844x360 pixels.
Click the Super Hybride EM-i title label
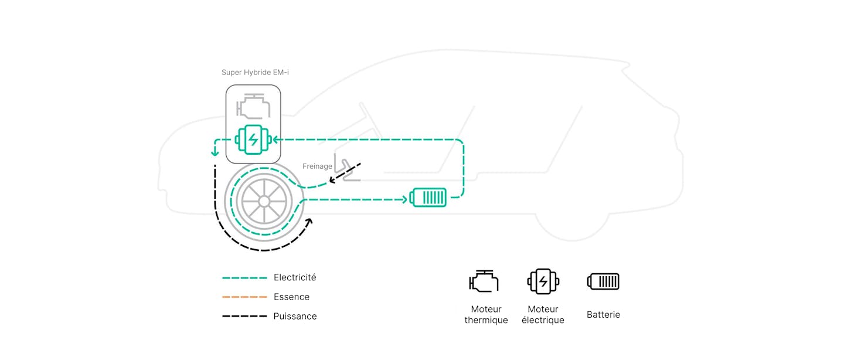coord(255,72)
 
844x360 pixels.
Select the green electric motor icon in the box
coord(253,140)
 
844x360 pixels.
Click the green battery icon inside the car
coord(428,197)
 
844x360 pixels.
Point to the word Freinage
coord(317,167)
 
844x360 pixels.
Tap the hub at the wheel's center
coord(264,201)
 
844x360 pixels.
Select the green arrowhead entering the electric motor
coord(275,140)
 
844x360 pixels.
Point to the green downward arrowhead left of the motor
coord(215,153)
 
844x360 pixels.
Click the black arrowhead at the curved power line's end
coord(309,222)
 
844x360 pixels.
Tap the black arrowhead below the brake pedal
coord(332,180)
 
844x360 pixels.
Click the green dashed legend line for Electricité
coord(244,278)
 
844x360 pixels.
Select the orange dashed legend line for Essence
coord(244,297)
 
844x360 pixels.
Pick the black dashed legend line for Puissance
coord(244,316)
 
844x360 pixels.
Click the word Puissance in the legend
coord(295,316)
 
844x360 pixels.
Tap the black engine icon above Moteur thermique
coord(484,281)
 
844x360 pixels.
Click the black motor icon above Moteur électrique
coord(543,281)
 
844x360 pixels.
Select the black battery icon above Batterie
coord(603,281)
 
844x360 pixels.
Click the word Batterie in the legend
coord(603,314)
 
